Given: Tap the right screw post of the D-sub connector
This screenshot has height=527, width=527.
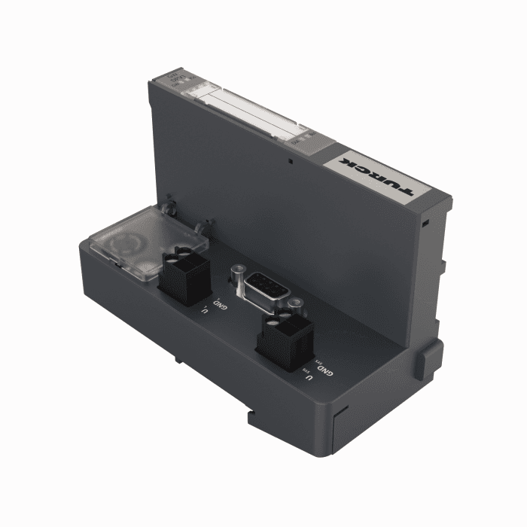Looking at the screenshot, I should pyautogui.click(x=296, y=302).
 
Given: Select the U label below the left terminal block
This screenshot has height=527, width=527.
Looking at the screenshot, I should pyautogui.click(x=203, y=309).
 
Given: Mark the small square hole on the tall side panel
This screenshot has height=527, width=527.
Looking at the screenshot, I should pyautogui.click(x=289, y=160).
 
